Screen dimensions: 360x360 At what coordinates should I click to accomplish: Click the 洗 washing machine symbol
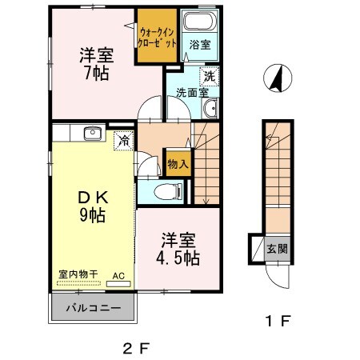coord(208,78)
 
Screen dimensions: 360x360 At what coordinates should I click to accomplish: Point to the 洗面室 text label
coord(189,90)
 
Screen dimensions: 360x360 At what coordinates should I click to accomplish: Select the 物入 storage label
coord(177,163)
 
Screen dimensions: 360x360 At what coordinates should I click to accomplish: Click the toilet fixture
coord(163,191)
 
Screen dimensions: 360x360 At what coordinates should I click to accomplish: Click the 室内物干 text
coord(78,274)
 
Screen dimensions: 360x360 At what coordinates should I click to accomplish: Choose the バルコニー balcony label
coord(94,308)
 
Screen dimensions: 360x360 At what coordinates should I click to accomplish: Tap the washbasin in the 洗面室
coord(209,109)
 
